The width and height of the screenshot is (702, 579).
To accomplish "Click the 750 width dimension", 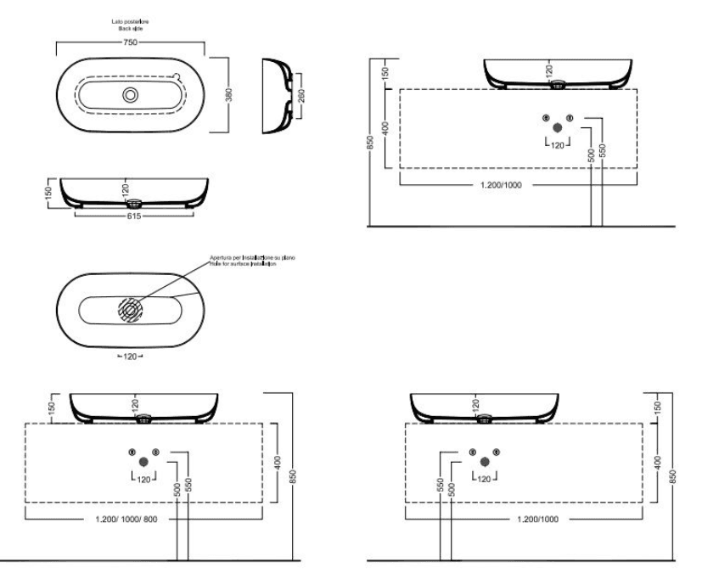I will [131, 41].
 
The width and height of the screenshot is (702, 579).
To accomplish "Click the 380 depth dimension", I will [228, 94].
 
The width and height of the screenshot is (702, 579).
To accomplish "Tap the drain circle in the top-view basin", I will [131, 94].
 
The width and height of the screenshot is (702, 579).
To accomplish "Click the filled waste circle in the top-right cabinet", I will [558, 126].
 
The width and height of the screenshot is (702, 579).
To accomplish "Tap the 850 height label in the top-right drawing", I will [370, 143].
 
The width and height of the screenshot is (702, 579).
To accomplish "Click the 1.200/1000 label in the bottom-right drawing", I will [537, 517].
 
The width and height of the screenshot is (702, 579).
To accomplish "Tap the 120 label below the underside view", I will [130, 356].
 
